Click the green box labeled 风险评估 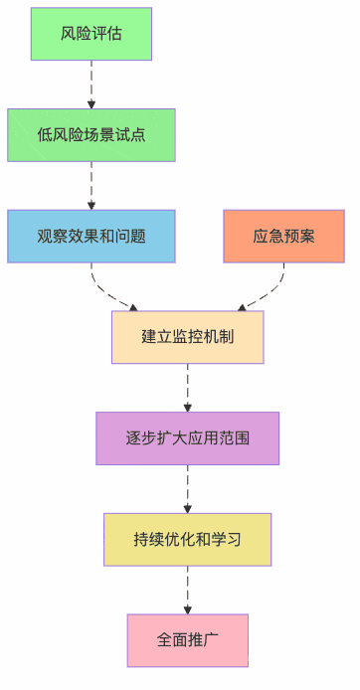(91, 34)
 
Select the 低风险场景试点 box (91, 135)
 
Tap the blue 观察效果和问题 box (91, 237)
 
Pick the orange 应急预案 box (283, 237)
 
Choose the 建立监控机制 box (187, 337)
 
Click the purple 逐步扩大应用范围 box (187, 438)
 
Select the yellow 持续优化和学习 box (187, 540)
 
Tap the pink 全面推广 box (187, 640)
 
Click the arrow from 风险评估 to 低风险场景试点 (91, 84)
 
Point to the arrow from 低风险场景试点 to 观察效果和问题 (91, 185)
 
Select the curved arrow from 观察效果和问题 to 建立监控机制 (109, 293)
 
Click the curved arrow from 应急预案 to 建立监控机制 (266, 293)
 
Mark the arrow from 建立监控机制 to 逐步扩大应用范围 (187, 388)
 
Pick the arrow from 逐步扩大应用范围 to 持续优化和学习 (187, 488)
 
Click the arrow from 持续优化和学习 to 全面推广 (187, 590)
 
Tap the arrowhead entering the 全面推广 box (187, 608)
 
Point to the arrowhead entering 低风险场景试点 (91, 103)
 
